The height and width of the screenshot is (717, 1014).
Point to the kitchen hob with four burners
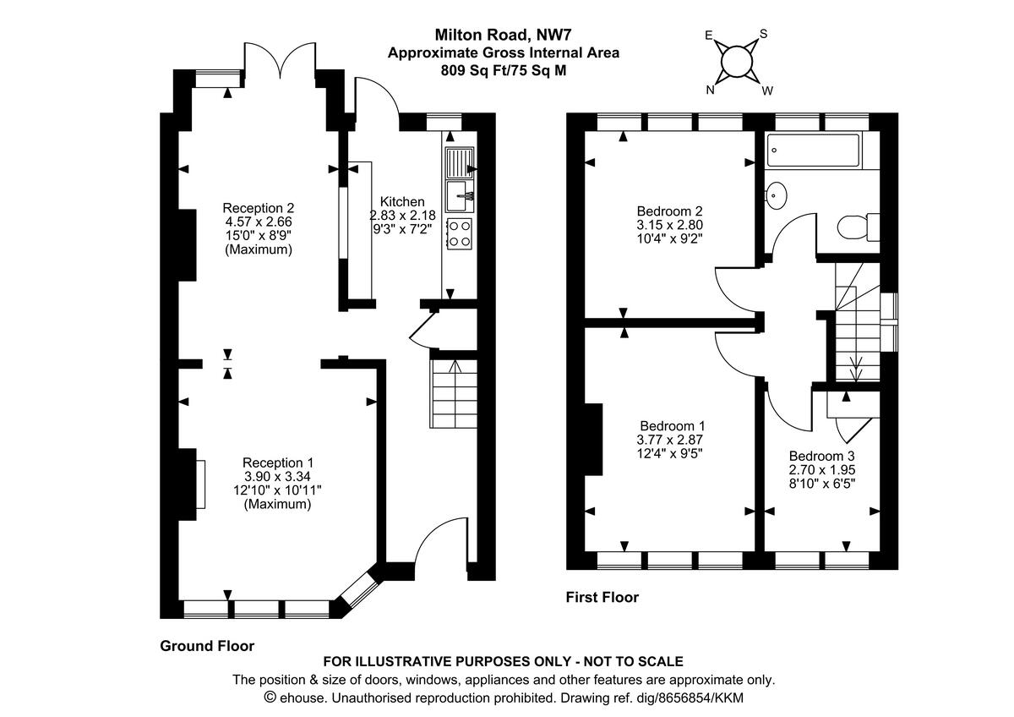coord(459,233)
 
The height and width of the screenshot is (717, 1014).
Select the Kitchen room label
coord(402,202)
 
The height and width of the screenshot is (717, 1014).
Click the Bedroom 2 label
coord(669,211)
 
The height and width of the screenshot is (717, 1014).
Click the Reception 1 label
coord(278,462)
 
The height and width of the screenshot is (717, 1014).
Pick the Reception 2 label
coord(258,208)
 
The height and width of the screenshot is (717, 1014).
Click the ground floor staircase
coord(455,393)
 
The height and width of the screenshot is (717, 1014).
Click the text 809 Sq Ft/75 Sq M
coord(503,71)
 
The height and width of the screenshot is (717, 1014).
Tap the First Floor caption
coord(602,598)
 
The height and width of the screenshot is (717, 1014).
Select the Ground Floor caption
coord(207,646)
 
